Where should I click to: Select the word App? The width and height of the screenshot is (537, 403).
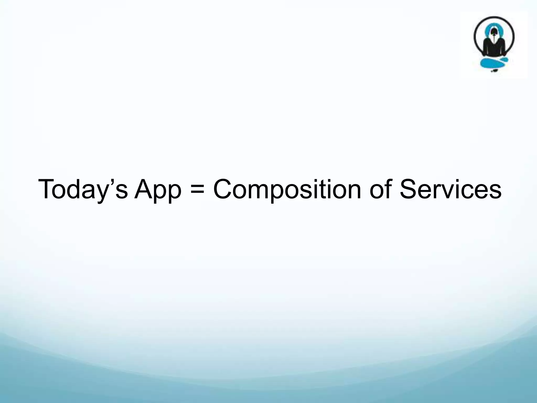(x=158, y=189)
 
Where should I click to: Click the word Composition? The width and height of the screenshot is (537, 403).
(x=287, y=189)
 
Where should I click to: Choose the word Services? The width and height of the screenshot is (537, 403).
(x=450, y=189)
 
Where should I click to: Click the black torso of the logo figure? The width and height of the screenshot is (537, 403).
(x=494, y=47)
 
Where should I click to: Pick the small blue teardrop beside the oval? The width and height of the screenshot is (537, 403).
(x=505, y=61)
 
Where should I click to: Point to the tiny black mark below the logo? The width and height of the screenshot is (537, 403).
(x=494, y=71)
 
